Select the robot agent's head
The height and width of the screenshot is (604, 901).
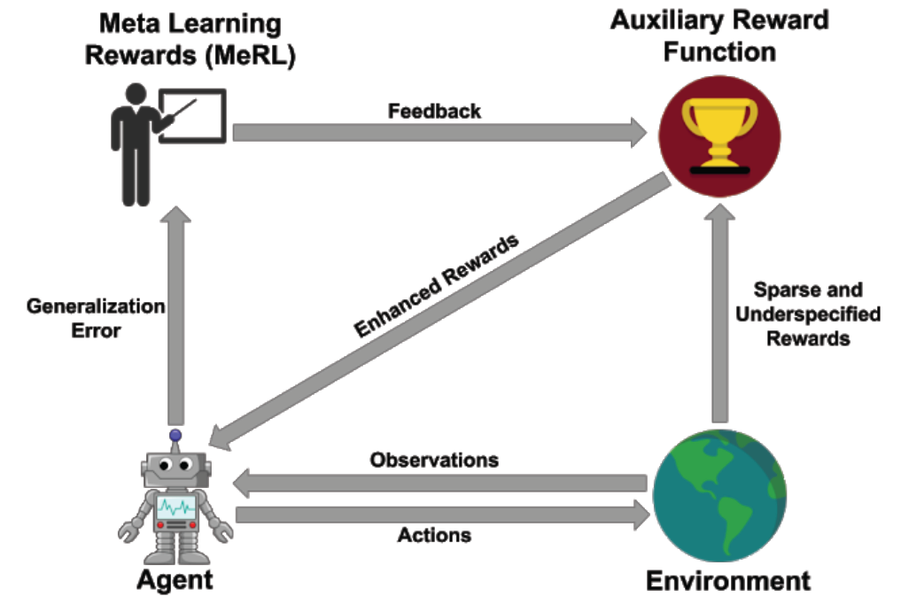point(175,467)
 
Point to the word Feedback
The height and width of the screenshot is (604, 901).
point(434,111)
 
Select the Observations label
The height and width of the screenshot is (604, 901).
point(434,461)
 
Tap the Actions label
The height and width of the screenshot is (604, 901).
point(434,535)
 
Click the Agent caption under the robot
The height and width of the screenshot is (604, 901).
point(175,580)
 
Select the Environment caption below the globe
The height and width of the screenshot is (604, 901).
point(727,581)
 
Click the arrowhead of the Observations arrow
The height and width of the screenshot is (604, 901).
point(245,484)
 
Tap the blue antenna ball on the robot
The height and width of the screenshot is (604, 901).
point(175,435)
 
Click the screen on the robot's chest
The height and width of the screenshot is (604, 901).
point(175,507)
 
